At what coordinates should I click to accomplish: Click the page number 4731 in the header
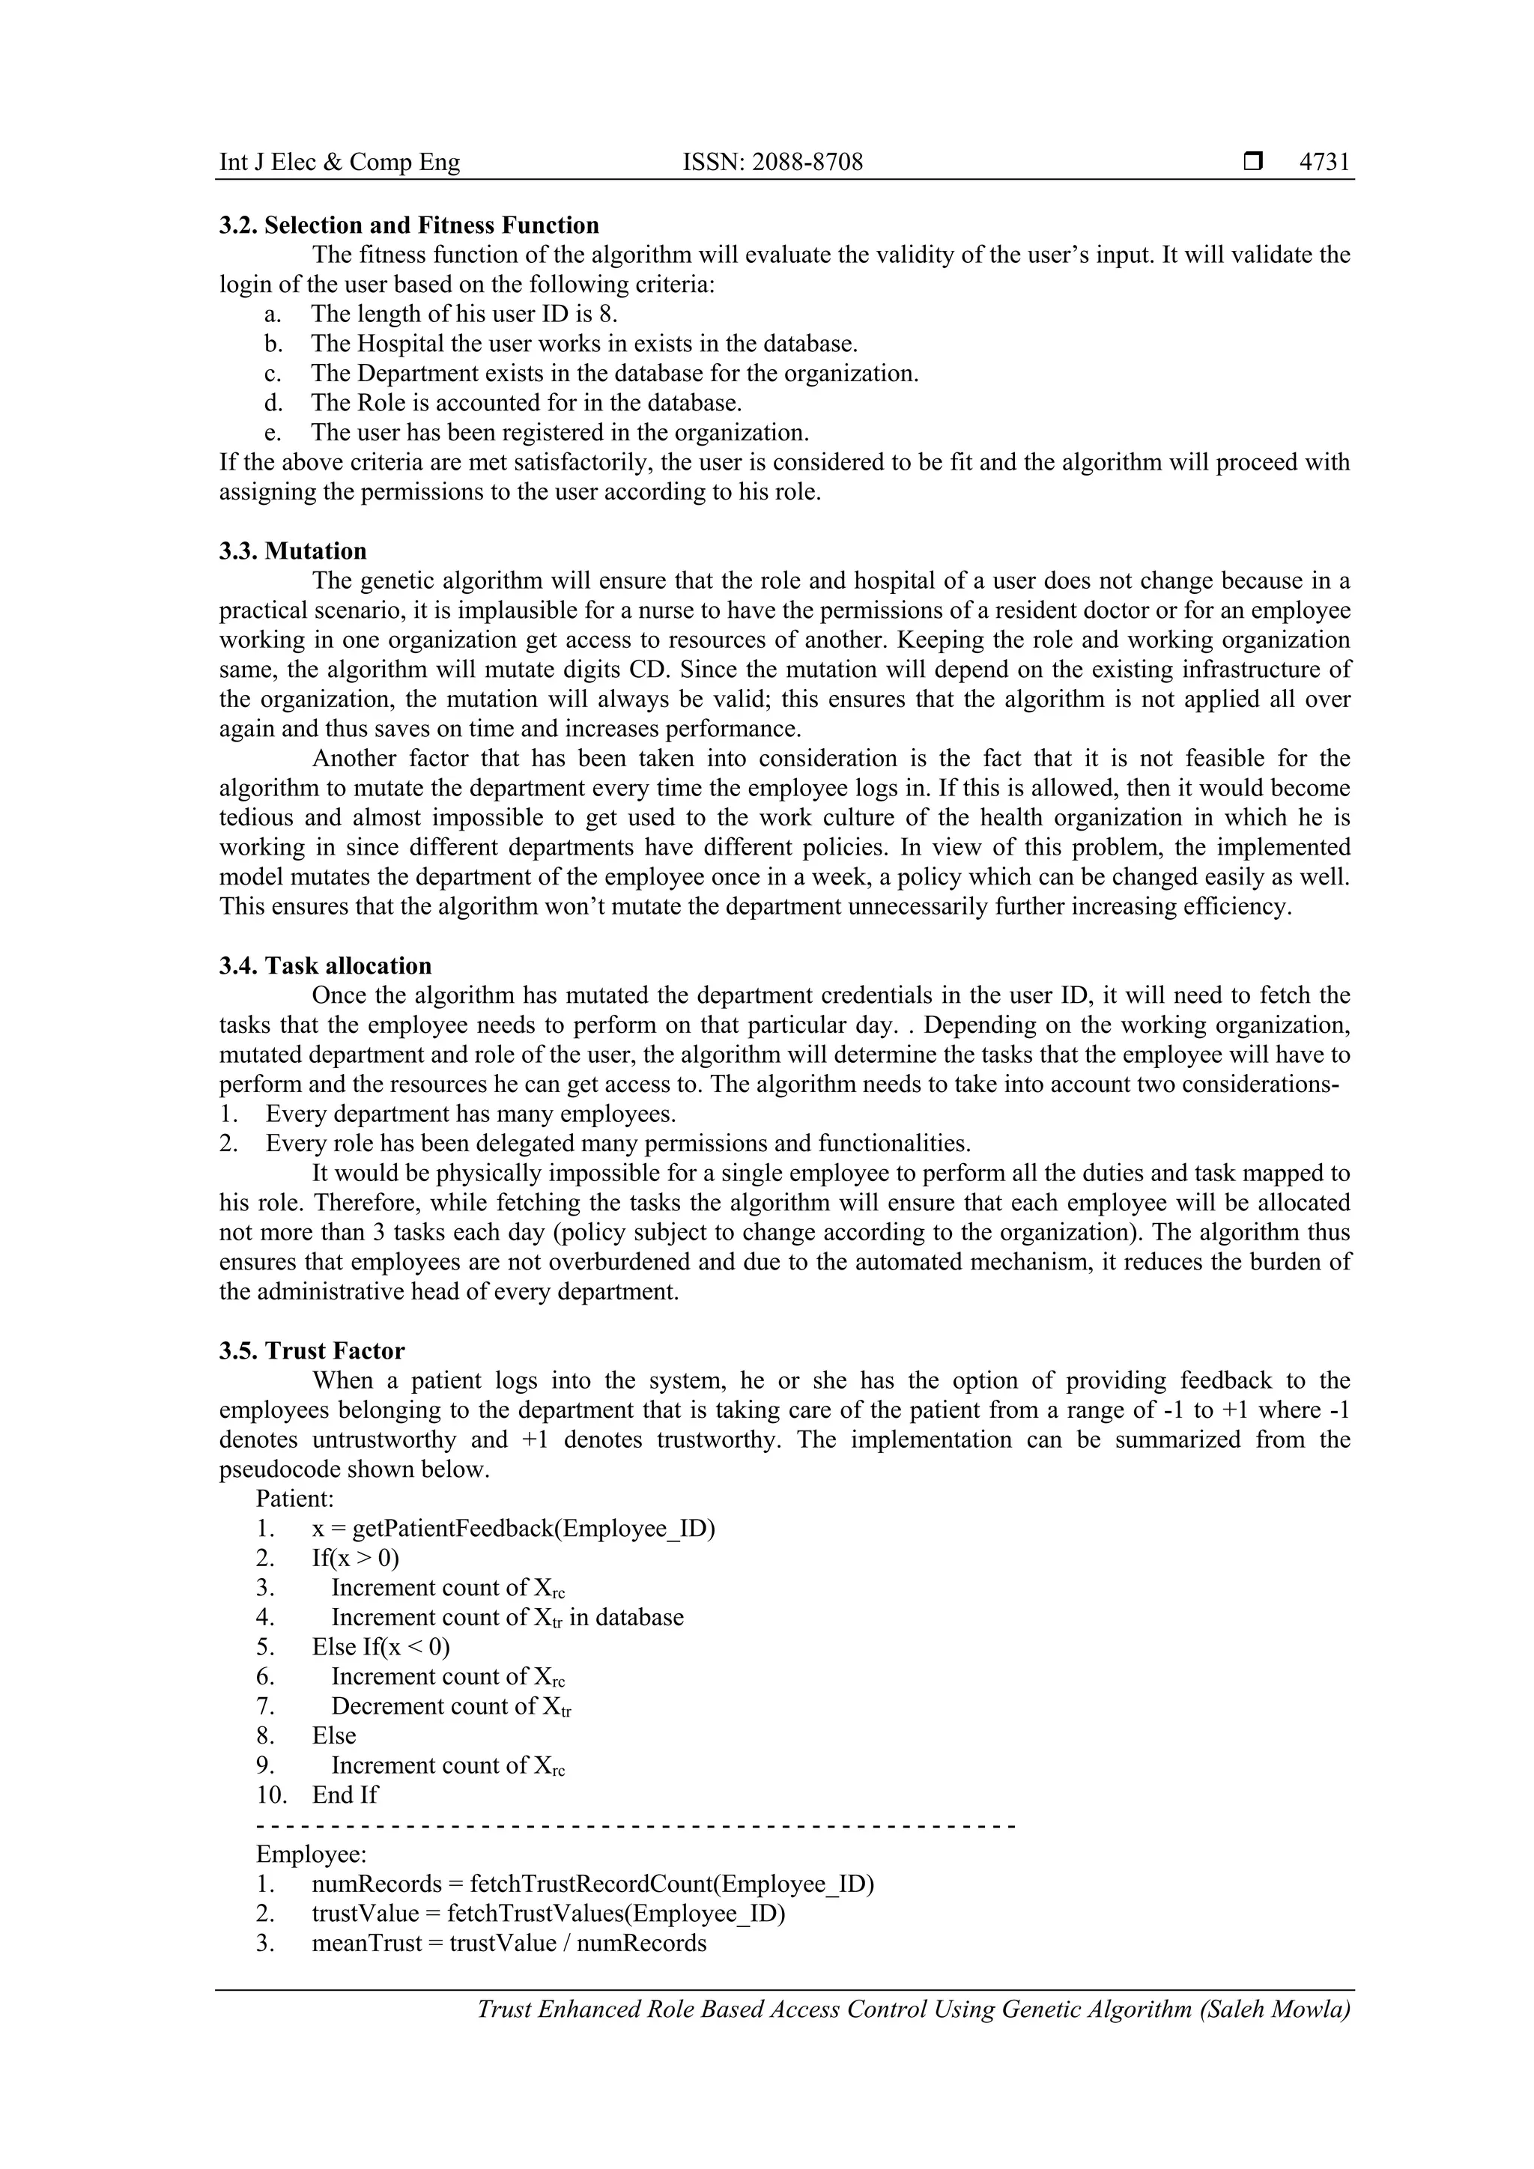[x=1324, y=163]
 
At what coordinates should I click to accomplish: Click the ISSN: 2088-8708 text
[x=773, y=163]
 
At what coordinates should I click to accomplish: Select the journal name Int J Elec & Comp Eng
[x=339, y=163]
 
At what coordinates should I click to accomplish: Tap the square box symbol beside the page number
[x=1252, y=163]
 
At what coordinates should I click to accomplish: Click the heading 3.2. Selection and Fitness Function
[x=409, y=225]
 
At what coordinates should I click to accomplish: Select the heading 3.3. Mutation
[x=293, y=550]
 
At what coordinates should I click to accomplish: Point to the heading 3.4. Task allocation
[x=325, y=965]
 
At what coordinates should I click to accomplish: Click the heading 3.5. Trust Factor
[x=312, y=1351]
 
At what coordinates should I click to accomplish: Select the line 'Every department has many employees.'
[x=470, y=1114]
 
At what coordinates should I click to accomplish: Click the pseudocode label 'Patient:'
[x=294, y=1499]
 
